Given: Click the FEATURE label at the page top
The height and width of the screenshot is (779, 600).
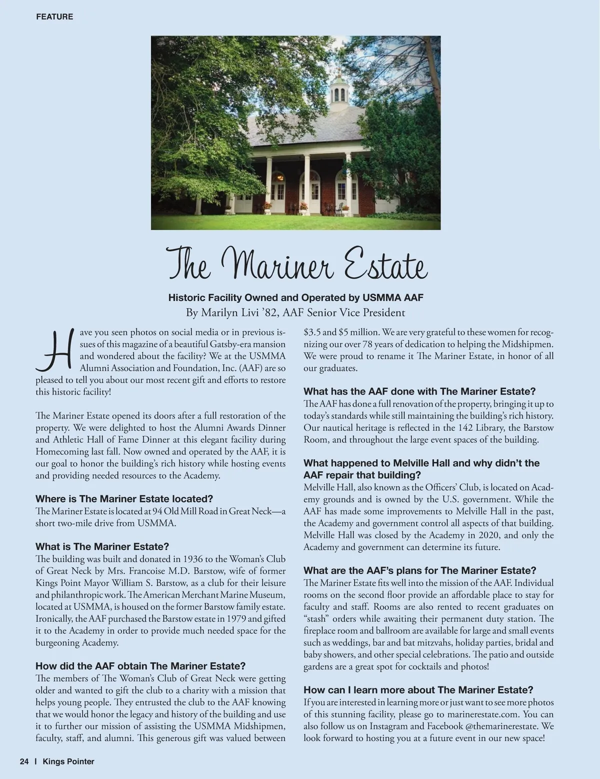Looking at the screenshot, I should coord(54,16).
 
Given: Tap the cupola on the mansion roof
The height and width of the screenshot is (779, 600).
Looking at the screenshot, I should coord(339,91).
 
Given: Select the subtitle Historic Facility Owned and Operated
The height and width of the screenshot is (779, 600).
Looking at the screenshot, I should coord(295,297).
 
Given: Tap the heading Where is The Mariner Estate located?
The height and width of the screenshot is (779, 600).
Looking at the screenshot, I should coord(124,498).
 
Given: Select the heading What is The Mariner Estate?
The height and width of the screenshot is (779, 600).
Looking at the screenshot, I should coord(102,546).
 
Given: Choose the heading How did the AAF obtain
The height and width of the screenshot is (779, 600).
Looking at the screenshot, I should coord(140,666).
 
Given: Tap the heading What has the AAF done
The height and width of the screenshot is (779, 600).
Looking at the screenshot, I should coord(419,391).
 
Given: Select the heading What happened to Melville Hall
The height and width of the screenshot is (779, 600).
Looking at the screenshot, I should coord(421,463).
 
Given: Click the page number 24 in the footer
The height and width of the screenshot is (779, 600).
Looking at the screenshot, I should coord(24,761).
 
